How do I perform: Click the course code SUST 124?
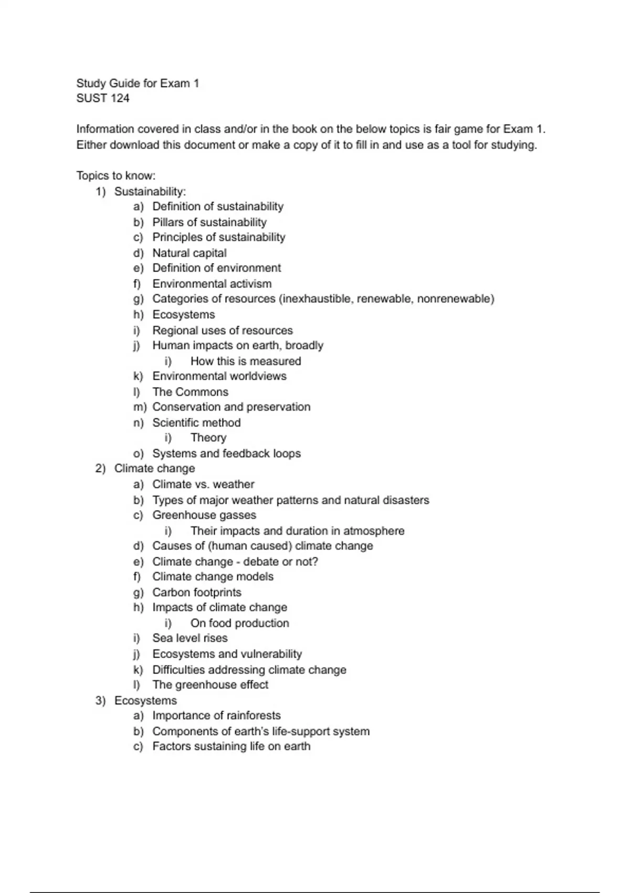pyautogui.click(x=103, y=98)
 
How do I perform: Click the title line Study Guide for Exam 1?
pyautogui.click(x=138, y=83)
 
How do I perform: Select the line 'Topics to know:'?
pyautogui.click(x=116, y=175)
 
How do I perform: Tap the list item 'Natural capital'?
pyautogui.click(x=190, y=253)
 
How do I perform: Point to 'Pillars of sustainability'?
pyautogui.click(x=209, y=222)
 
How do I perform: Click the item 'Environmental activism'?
pyautogui.click(x=212, y=284)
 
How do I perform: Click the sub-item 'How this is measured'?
pyautogui.click(x=246, y=361)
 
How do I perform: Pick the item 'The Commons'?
pyautogui.click(x=191, y=392)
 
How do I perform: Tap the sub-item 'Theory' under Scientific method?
pyautogui.click(x=208, y=438)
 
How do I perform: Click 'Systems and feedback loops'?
pyautogui.click(x=226, y=453)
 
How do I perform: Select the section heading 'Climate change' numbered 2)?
pyautogui.click(x=155, y=469)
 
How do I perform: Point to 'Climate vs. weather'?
pyautogui.click(x=203, y=484)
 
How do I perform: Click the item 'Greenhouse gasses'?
pyautogui.click(x=204, y=515)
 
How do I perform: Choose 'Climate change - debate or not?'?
pyautogui.click(x=235, y=562)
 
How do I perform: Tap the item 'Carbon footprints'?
pyautogui.click(x=197, y=593)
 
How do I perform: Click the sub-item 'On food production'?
pyautogui.click(x=240, y=623)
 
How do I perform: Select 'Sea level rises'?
pyautogui.click(x=190, y=638)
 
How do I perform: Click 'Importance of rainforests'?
pyautogui.click(x=216, y=715)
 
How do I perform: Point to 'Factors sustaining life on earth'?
pyautogui.click(x=232, y=746)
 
